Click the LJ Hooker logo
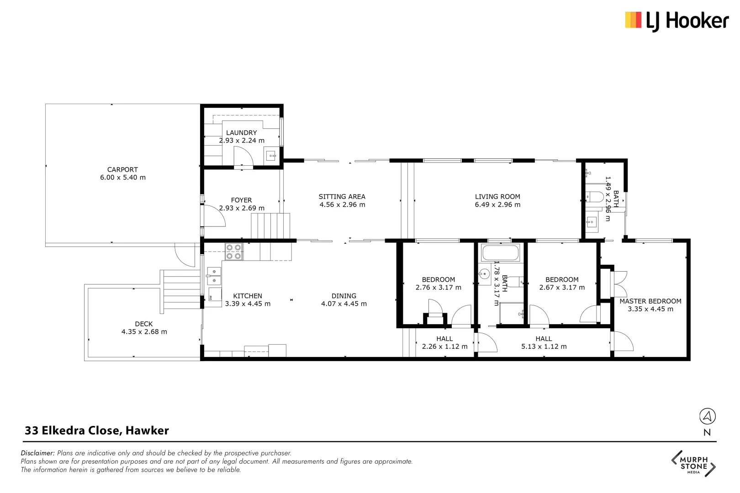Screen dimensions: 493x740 677,21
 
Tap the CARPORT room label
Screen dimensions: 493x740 122,169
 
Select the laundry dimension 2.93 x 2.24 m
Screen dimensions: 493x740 242,141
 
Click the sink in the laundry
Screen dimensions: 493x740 271,156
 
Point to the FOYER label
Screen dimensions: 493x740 241,200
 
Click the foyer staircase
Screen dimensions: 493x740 270,226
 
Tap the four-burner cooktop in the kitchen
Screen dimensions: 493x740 234,252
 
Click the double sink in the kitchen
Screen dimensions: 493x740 214,276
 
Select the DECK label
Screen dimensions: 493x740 144,324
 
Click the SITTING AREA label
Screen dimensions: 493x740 342,197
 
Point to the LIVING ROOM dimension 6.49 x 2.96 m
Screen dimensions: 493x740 497,205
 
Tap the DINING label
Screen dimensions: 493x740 344,296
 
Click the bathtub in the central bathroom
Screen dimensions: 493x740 500,253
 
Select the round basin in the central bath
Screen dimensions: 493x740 484,274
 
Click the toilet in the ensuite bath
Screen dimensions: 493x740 594,197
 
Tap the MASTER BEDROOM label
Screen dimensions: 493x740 650,301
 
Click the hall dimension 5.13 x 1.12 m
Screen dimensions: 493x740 544,346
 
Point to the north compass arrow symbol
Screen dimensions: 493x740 707,416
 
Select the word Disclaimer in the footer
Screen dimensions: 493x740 37,453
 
